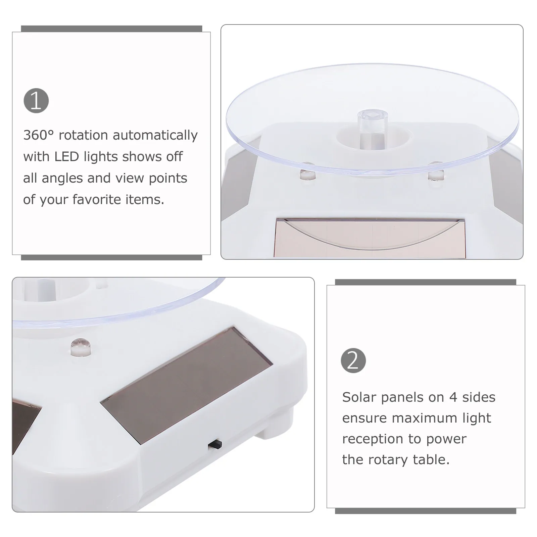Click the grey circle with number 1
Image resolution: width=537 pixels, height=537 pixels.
[x=36, y=101]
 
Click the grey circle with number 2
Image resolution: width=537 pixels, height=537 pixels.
[x=353, y=360]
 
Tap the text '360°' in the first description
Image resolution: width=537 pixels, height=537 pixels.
[x=38, y=135]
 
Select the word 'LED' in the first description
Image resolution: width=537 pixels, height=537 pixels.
[x=67, y=156]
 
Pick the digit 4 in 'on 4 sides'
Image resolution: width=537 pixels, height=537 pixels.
[x=453, y=397]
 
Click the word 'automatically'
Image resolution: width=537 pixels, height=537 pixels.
[x=155, y=135]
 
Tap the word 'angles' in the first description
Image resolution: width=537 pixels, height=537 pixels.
[x=62, y=178]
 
